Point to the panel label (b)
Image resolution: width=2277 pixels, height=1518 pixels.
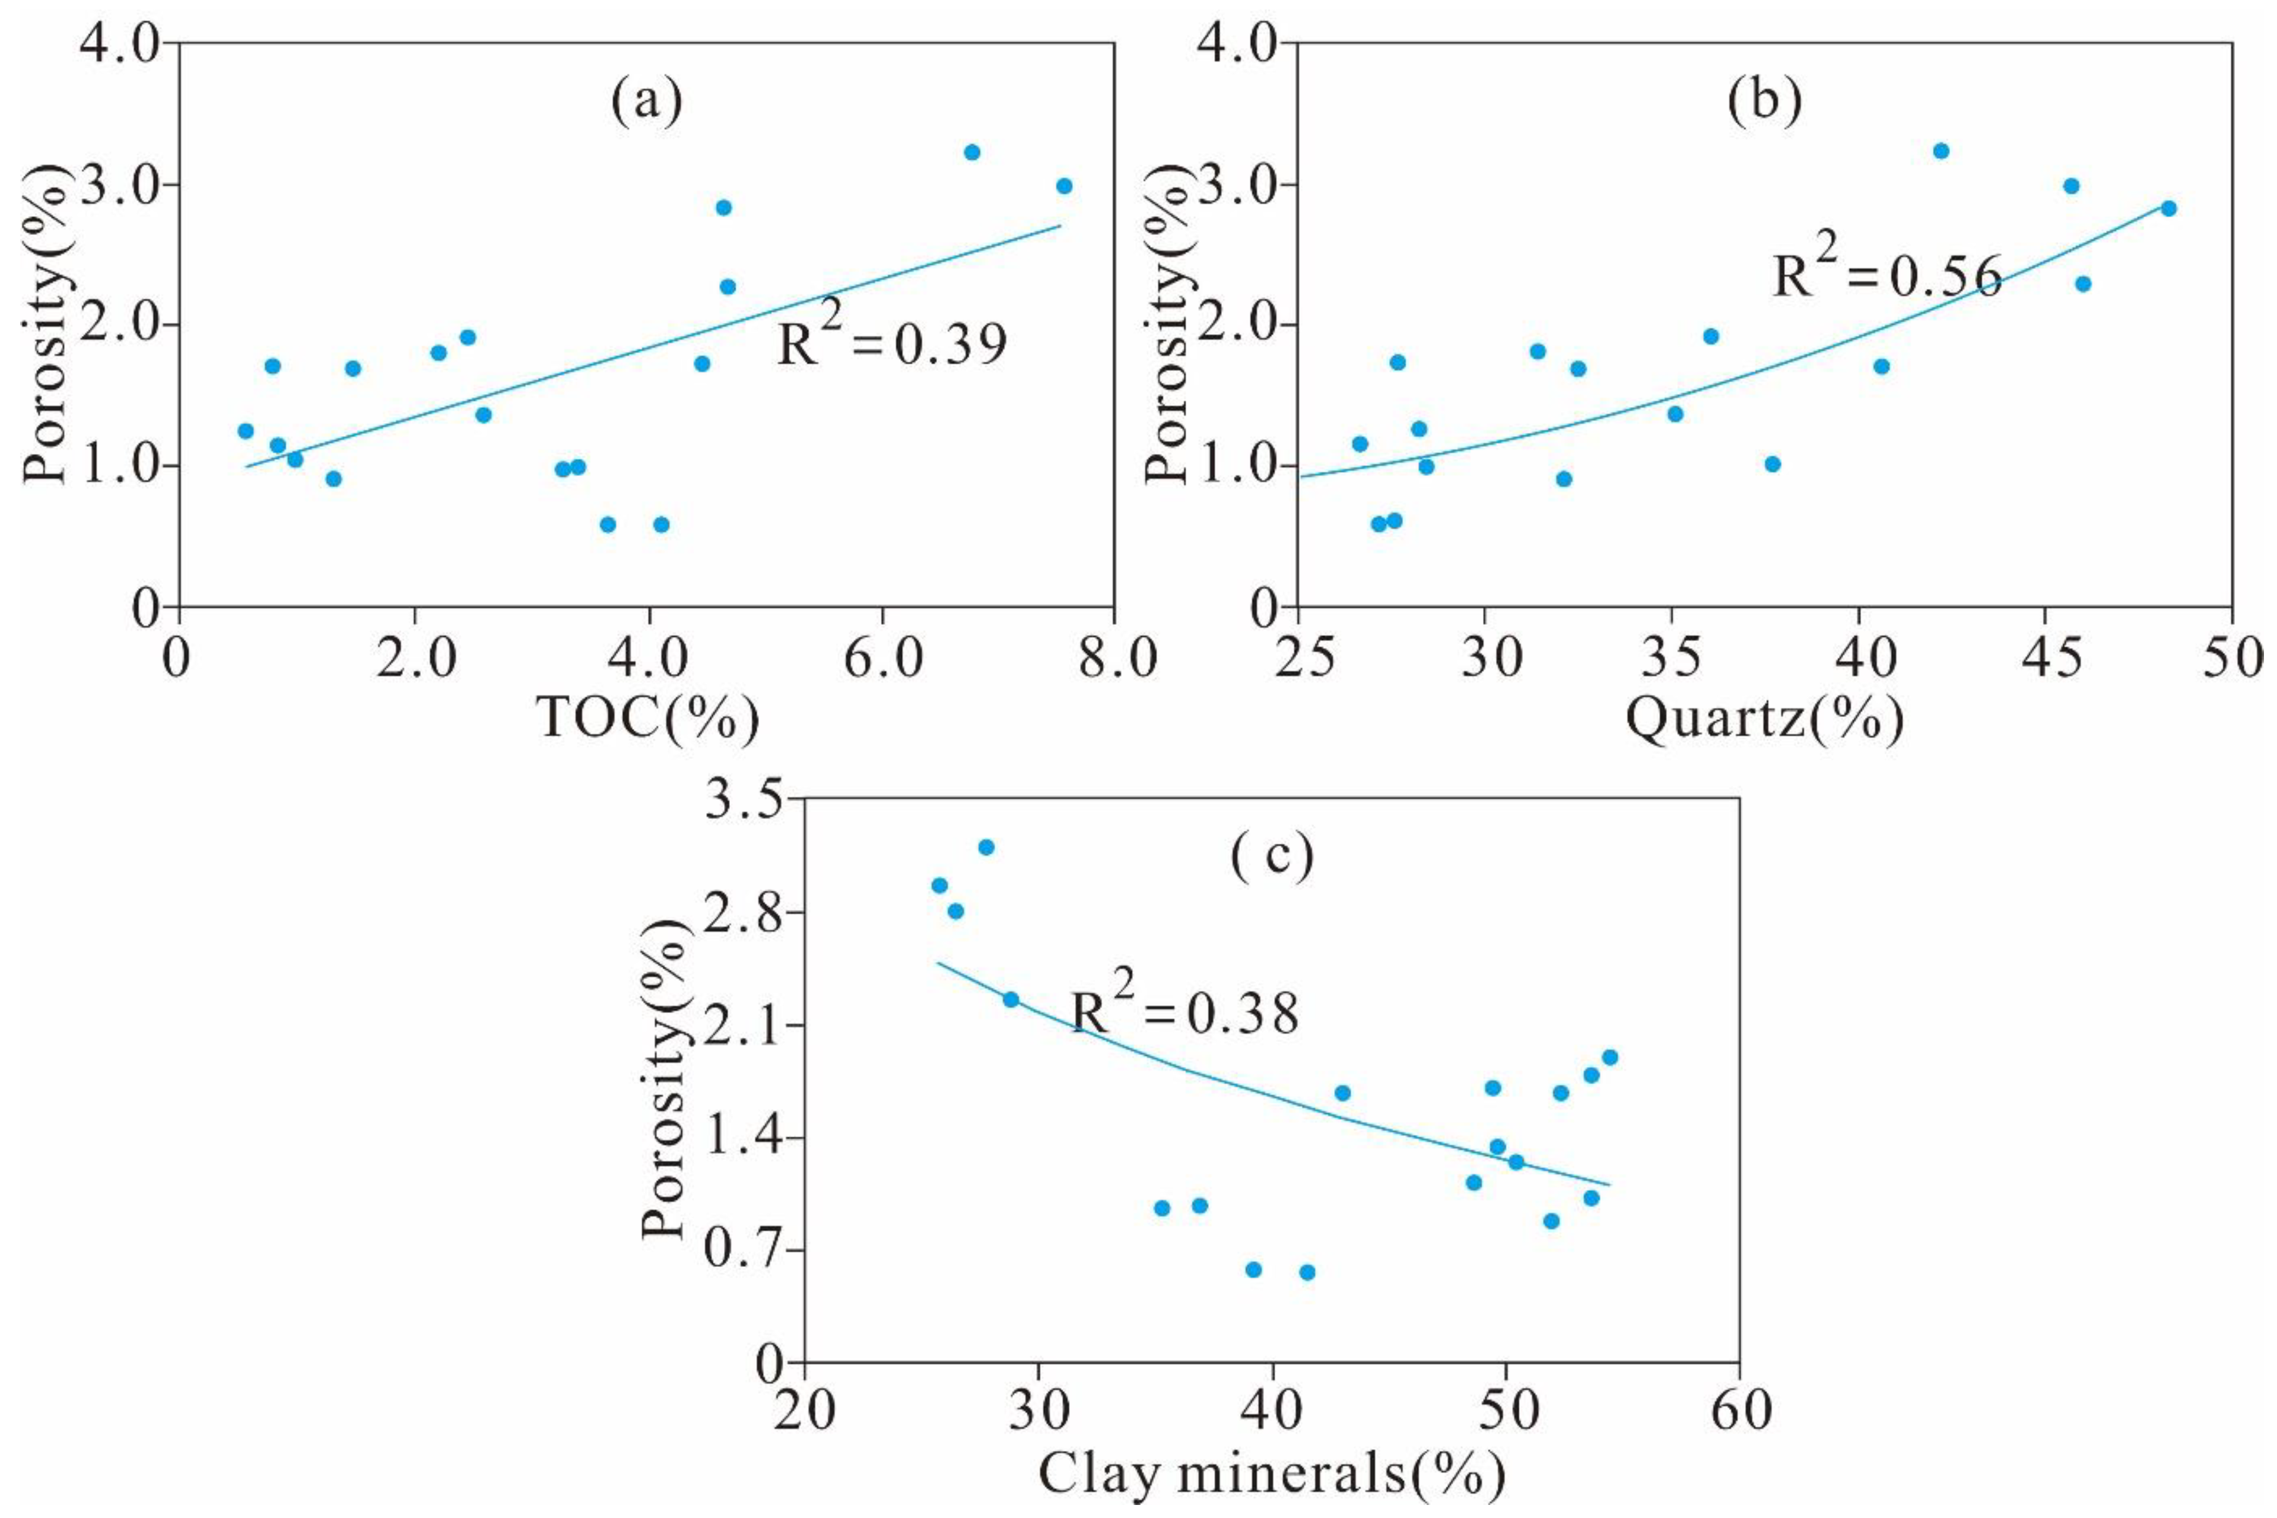pos(1764,101)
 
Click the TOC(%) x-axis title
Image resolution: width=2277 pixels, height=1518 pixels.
pos(647,717)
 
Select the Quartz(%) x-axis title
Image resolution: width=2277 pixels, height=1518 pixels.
pos(1764,717)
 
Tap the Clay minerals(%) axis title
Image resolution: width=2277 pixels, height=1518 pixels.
pos(1271,1475)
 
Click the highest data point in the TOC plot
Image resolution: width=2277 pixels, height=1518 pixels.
pos(972,152)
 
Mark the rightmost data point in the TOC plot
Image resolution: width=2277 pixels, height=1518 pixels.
pos(1064,186)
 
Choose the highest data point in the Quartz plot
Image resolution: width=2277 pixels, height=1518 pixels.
pos(1940,151)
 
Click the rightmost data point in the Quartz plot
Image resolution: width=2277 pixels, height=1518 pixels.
pos(2168,208)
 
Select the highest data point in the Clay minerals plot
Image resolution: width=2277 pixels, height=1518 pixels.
pos(986,847)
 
